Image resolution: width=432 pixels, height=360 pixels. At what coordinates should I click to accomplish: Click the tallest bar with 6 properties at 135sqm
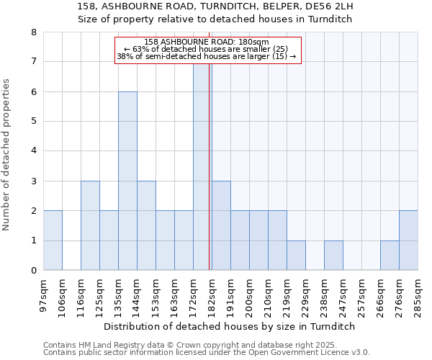[127, 181]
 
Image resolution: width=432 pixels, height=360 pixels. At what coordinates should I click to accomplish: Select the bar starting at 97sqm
[53, 240]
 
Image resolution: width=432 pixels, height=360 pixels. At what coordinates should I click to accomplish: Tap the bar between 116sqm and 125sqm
[90, 225]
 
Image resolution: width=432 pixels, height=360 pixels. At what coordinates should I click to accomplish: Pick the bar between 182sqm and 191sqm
[221, 225]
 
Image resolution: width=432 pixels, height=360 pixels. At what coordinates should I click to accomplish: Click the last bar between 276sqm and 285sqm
[408, 240]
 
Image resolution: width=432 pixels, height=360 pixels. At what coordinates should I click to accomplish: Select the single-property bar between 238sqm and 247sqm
[333, 256]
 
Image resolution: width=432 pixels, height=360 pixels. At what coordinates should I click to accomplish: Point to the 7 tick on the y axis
[33, 62]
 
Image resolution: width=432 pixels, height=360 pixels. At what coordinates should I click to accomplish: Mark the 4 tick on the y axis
[33, 151]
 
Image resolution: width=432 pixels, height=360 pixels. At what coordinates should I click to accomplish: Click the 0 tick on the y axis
[33, 271]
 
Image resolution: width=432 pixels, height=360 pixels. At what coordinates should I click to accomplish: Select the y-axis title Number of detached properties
[7, 155]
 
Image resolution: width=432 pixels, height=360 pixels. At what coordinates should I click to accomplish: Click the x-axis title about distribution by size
[230, 326]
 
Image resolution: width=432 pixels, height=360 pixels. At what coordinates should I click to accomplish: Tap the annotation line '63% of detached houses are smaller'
[205, 49]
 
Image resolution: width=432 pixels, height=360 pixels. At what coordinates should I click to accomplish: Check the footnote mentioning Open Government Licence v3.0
[207, 353]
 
